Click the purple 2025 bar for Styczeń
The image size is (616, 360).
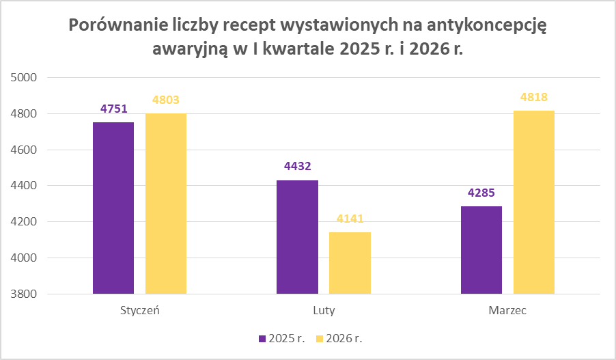point(113,208)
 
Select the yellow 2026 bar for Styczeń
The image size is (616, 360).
point(166,204)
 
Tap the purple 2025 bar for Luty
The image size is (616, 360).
point(297,237)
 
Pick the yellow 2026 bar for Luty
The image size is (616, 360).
point(350,263)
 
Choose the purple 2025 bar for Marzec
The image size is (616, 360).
point(481,250)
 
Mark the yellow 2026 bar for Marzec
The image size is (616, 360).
point(534,202)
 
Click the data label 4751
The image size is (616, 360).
point(113,109)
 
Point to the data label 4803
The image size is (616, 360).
point(166,100)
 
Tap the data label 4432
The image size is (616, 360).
point(297,167)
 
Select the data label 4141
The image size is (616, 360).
point(350,219)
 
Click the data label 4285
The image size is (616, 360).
point(481,193)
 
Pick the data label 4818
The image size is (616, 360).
point(534,97)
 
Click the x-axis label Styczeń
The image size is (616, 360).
point(139,311)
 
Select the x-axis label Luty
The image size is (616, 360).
point(324,311)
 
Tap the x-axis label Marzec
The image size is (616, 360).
point(507,311)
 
